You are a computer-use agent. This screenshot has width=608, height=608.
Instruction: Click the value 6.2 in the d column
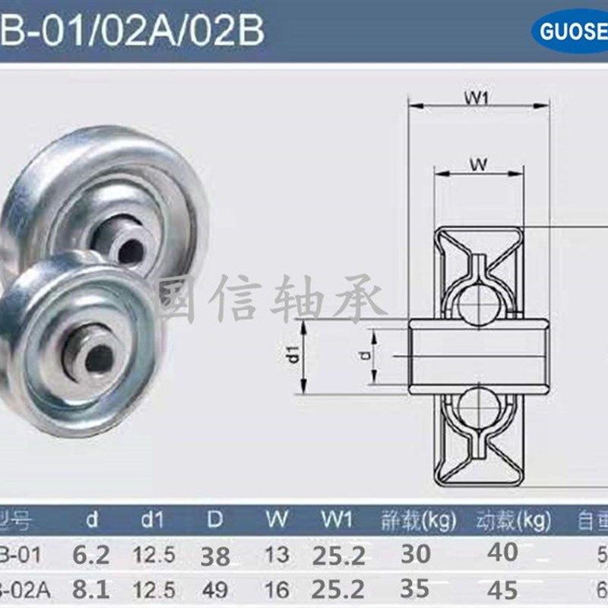91,555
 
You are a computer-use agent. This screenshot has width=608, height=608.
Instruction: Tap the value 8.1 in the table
91,589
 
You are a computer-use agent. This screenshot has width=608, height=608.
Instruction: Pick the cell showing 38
215,556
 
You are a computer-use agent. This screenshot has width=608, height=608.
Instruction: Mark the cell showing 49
215,589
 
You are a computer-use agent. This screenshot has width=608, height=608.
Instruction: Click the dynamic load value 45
502,589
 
